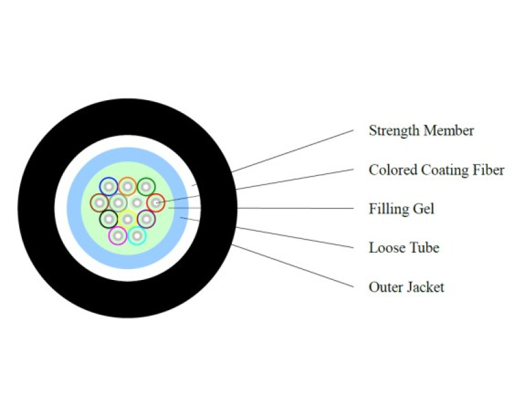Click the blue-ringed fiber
pos(109,186)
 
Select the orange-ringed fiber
pos(127,186)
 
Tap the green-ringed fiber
pos(146,186)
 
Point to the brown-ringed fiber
pos(100,203)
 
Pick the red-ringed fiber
pos(155,203)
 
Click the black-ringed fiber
pos(109,220)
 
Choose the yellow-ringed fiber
pos(128,219)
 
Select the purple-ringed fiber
pos(146,220)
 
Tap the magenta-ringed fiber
pos(118,236)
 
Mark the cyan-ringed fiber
pos(137,236)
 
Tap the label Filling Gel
pos(402,209)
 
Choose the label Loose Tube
pos(403,248)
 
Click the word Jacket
pos(425,287)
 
